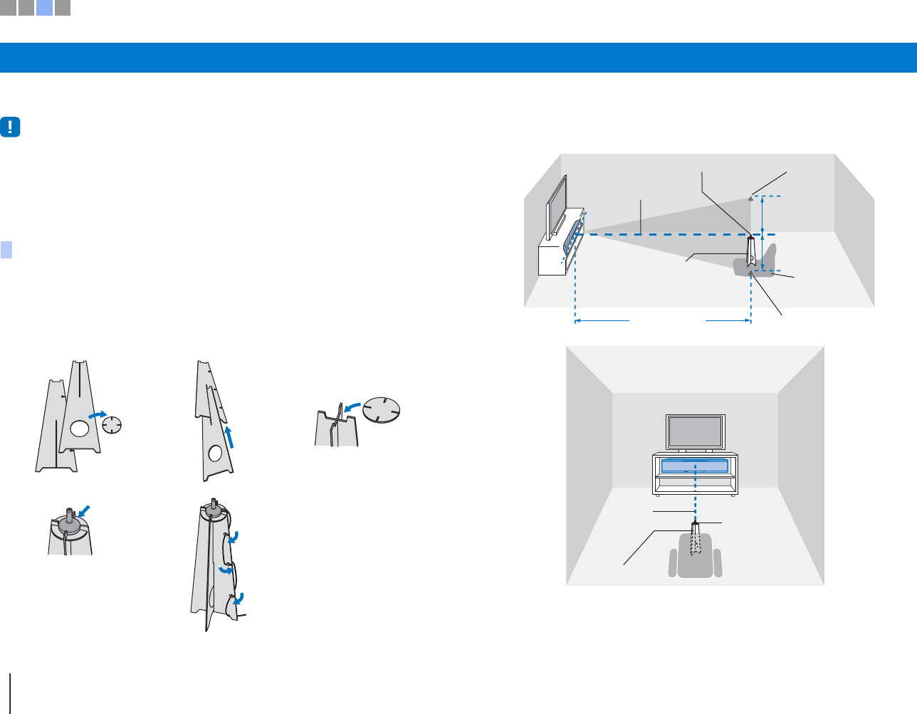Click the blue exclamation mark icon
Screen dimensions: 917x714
tap(11, 127)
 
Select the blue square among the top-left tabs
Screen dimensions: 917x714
tap(44, 8)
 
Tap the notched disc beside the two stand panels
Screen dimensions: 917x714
tap(112, 426)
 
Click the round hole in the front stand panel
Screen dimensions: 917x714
tap(79, 428)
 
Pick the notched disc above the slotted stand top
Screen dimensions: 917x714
tap(382, 410)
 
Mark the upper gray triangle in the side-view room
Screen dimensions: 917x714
tap(751, 199)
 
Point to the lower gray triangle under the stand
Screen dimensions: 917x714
tap(751, 273)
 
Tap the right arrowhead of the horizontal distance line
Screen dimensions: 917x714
tap(748, 321)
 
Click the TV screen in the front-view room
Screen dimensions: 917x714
tap(694, 431)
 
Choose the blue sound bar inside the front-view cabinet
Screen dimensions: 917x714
tap(695, 466)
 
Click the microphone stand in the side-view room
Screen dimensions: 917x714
tap(751, 253)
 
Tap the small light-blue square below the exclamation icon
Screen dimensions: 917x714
tap(6, 249)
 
